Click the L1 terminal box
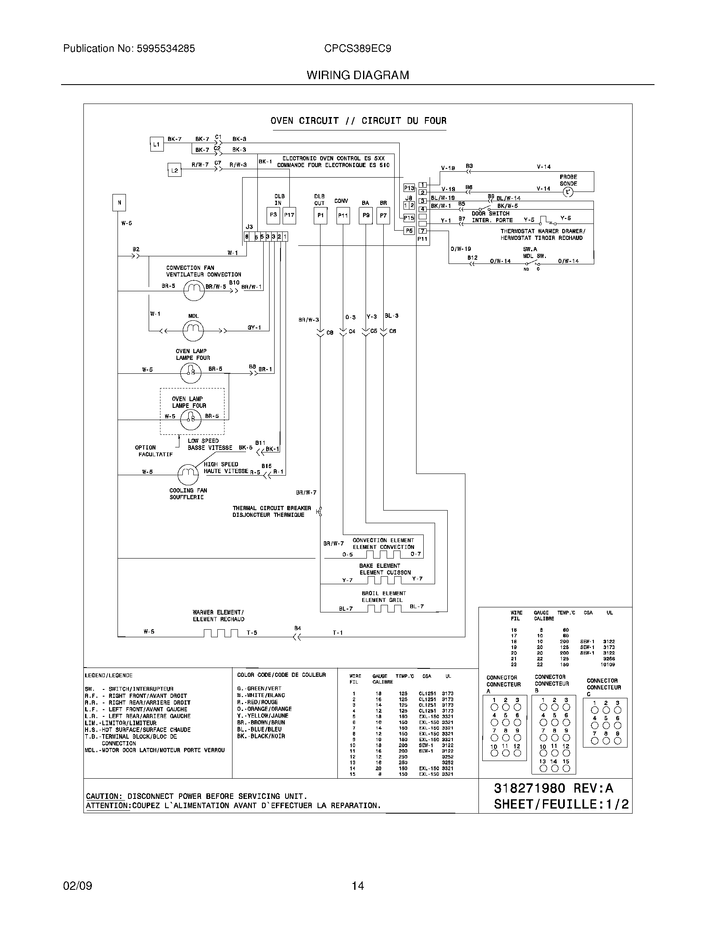[157, 144]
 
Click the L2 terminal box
[174, 170]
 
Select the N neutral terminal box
[119, 203]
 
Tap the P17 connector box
[289, 216]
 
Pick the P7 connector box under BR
[383, 216]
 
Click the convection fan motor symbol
[193, 290]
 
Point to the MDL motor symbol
[193, 330]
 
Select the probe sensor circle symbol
[568, 192]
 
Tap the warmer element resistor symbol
[221, 633]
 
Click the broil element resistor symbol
[384, 609]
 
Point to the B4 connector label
[298, 628]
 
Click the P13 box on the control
[409, 188]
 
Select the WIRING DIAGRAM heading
[358, 75]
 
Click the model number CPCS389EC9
[358, 49]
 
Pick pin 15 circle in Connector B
[566, 768]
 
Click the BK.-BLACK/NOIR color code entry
[261, 737]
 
